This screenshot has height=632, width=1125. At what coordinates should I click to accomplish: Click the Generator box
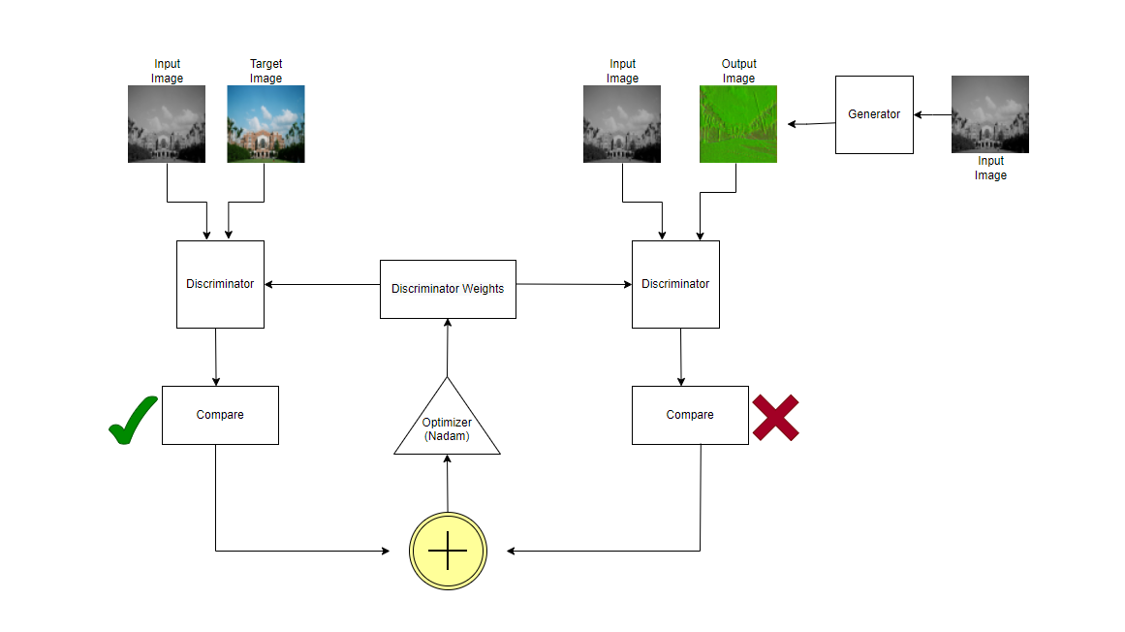[x=874, y=114]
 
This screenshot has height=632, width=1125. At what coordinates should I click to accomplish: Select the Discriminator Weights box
[x=448, y=289]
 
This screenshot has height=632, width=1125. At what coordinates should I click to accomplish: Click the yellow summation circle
[x=448, y=551]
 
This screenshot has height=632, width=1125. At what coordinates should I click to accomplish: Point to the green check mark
[x=133, y=421]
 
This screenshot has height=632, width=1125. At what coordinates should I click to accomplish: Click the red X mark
[x=776, y=418]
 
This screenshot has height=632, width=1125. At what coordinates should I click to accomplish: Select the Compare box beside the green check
[x=220, y=415]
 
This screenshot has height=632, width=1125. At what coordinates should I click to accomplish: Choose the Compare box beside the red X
[x=690, y=415]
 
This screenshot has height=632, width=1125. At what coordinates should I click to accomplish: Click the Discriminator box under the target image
[x=220, y=284]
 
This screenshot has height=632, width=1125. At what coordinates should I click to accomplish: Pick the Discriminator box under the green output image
[x=675, y=284]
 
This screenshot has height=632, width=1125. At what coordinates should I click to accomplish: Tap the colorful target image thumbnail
[x=266, y=124]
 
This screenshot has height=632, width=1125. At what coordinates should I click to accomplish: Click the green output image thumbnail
[x=738, y=124]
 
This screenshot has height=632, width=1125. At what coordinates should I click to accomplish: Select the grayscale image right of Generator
[x=989, y=114]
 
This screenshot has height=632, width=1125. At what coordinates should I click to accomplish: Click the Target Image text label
[x=266, y=71]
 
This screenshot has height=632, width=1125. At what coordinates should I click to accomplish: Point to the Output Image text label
[x=738, y=71]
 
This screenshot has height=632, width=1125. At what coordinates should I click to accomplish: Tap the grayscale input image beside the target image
[x=167, y=124]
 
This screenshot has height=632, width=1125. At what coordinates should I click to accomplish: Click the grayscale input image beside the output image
[x=622, y=124]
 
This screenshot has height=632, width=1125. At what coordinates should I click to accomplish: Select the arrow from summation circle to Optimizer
[x=447, y=483]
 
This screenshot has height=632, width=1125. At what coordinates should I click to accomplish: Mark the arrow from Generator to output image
[x=811, y=123]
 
